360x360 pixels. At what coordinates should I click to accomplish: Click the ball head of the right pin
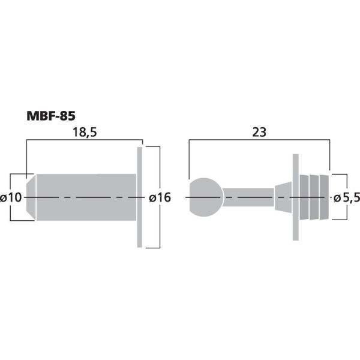[x=205, y=197]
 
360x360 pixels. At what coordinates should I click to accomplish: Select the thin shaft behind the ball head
[x=248, y=197]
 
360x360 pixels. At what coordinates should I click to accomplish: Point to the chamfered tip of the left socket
[x=31, y=197]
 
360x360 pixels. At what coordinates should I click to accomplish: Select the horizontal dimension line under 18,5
[x=84, y=140]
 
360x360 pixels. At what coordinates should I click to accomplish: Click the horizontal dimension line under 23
[x=259, y=140]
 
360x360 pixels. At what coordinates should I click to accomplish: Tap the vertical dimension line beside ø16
[x=160, y=174]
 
